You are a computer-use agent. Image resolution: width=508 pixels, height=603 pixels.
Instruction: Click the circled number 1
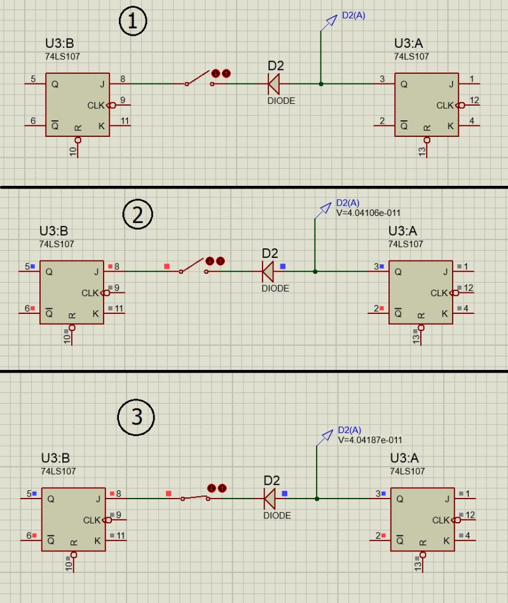(133, 22)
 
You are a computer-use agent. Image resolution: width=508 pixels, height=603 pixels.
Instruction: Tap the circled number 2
(137, 215)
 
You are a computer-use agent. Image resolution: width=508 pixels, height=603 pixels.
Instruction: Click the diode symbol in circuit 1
(274, 83)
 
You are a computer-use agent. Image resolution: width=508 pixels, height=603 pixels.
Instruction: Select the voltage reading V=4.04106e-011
(368, 213)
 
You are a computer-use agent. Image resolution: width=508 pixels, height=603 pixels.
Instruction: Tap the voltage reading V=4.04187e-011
(370, 439)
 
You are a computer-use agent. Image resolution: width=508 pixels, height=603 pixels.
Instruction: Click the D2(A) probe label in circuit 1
(354, 16)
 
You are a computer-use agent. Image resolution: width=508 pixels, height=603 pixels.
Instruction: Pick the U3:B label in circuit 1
(58, 44)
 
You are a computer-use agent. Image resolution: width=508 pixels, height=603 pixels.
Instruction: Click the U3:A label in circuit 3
(407, 458)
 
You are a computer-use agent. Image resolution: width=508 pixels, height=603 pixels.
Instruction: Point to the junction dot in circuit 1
(320, 83)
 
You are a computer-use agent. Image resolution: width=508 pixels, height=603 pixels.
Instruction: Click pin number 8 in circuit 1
(122, 79)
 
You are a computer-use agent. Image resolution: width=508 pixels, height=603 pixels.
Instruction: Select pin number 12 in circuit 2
(469, 288)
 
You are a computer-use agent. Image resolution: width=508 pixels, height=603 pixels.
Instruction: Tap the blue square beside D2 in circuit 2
(283, 266)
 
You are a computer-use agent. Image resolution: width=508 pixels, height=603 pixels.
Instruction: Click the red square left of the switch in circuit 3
(168, 493)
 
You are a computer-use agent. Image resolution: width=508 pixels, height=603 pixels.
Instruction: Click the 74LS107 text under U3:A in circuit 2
(406, 244)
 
